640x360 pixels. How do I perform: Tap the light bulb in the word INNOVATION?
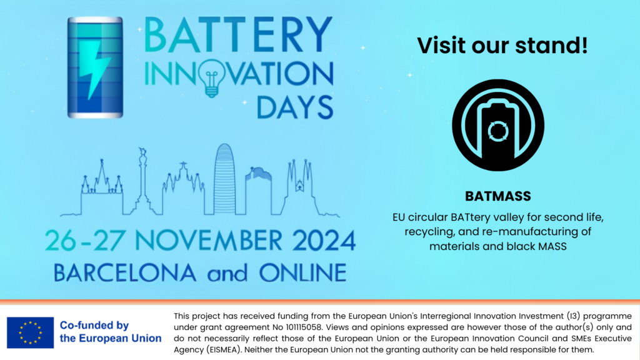[211, 78]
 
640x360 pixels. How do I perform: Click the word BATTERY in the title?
[238, 35]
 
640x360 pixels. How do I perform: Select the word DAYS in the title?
[295, 107]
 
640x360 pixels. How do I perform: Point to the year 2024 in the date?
[324, 241]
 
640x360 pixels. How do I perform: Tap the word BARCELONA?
[125, 272]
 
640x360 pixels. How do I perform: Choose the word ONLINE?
[303, 272]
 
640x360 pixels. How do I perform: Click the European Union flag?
[30, 332]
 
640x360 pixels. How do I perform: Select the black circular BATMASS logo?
[498, 125]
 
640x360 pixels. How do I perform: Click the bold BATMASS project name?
[498, 196]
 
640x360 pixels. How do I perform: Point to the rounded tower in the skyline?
[224, 179]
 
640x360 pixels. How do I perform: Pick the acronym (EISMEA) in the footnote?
[223, 350]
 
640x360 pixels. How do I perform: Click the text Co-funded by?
[94, 325]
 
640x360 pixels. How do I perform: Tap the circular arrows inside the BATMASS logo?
[498, 131]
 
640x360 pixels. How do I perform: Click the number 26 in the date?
[61, 241]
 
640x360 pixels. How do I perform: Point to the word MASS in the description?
[552, 246]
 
